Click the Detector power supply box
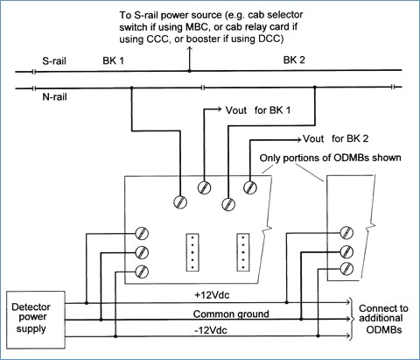click(x=36, y=320)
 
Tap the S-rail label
click(x=54, y=61)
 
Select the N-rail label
click(x=54, y=96)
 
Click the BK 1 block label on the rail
click(x=113, y=60)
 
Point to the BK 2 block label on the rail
click(x=294, y=60)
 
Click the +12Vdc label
click(x=212, y=295)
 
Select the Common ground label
click(x=231, y=314)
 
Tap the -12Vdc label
click(x=211, y=330)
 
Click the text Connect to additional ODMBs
click(x=383, y=319)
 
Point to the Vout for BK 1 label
click(x=258, y=110)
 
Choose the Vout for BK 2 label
click(x=335, y=138)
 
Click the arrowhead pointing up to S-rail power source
click(x=190, y=49)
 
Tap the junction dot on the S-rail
click(x=190, y=71)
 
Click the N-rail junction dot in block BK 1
click(x=131, y=88)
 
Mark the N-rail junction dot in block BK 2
click(x=314, y=87)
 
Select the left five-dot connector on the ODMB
click(x=192, y=252)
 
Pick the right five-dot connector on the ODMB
click(x=243, y=252)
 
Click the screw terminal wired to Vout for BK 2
click(x=250, y=187)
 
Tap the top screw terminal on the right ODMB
click(x=346, y=233)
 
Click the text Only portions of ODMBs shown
click(x=330, y=158)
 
